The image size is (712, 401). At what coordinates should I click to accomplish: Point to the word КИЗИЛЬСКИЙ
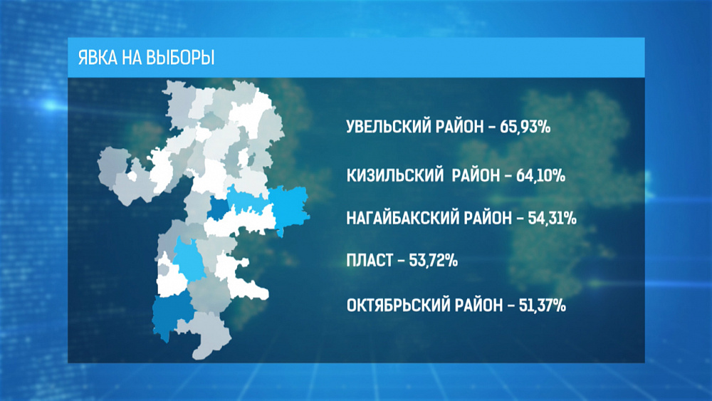coord(391,175)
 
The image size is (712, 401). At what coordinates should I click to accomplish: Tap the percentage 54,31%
coord(552,218)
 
